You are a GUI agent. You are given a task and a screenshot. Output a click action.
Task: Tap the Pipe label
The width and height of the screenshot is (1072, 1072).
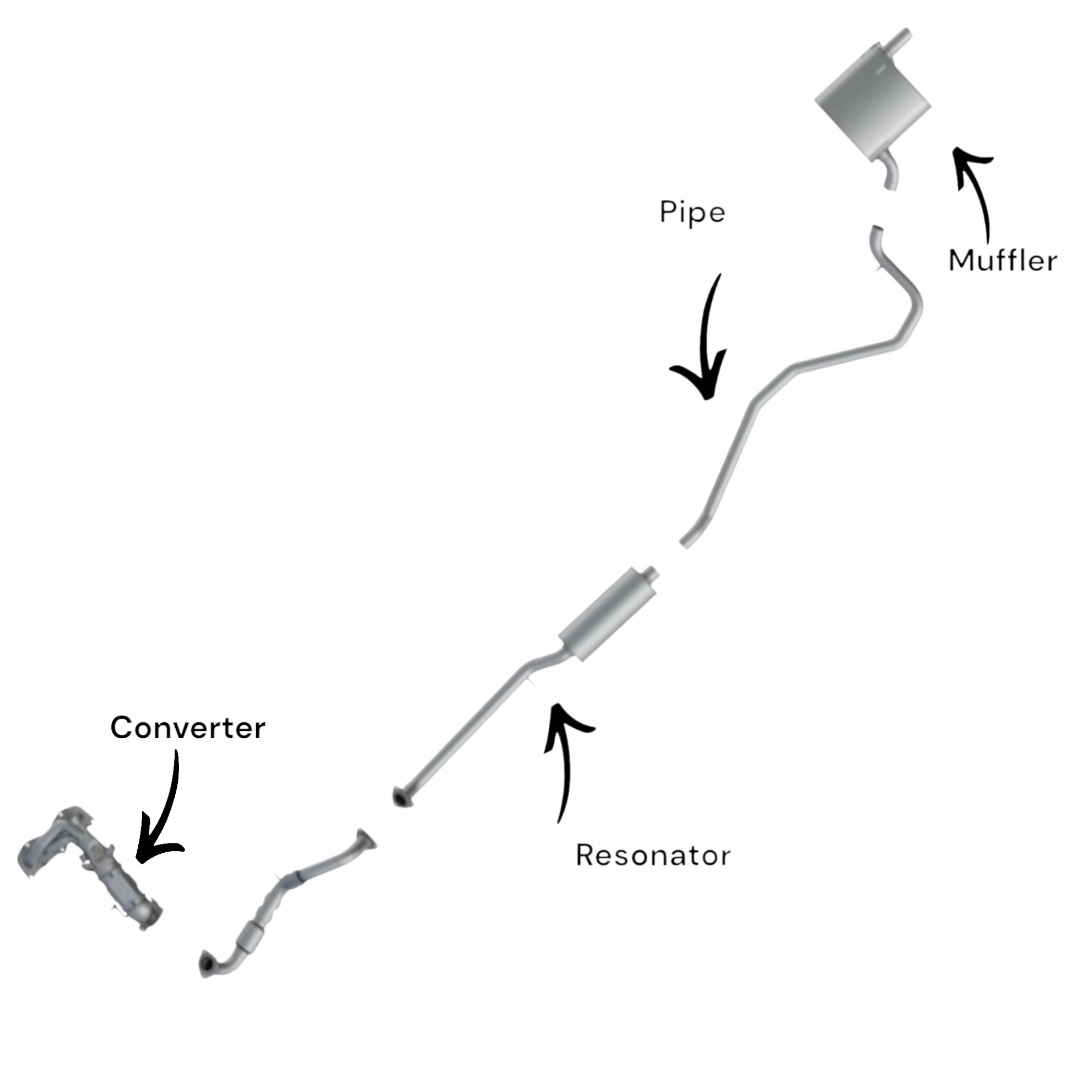692,213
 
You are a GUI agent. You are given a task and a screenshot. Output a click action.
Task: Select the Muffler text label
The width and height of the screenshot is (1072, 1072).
1002,261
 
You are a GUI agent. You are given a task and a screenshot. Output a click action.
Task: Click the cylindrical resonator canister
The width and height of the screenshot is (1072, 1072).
608,616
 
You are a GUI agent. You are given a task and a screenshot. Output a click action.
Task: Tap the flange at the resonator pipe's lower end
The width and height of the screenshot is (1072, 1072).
401,797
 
